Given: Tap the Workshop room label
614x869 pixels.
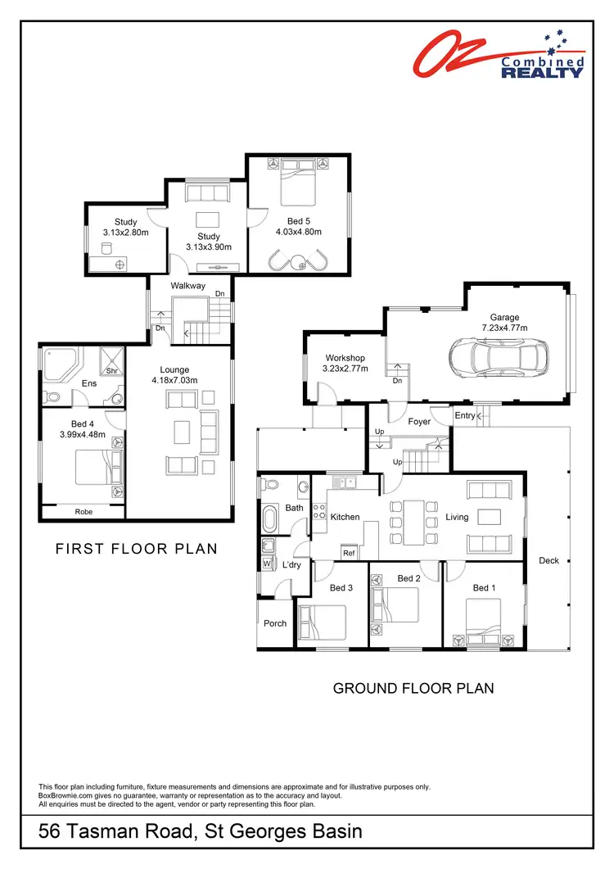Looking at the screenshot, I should [345, 358].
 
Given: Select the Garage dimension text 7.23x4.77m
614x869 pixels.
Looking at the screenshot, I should [504, 328].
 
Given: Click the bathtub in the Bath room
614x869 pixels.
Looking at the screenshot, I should [270, 518].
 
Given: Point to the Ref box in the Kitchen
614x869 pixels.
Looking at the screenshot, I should [349, 553].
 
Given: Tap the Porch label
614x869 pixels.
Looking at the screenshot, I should [275, 623].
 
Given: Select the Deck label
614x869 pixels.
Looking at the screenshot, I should [549, 560].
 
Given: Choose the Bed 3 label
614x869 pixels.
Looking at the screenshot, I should [341, 587].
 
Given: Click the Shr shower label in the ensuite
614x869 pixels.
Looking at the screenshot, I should [111, 370].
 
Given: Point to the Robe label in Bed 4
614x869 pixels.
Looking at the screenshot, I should [84, 511].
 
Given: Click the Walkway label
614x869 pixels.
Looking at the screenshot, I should [187, 286].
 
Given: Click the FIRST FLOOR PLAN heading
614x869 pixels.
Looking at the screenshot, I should [137, 549].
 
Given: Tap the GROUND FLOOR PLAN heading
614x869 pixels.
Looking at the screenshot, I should [413, 688].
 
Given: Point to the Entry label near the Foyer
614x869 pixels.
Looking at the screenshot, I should [465, 415].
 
